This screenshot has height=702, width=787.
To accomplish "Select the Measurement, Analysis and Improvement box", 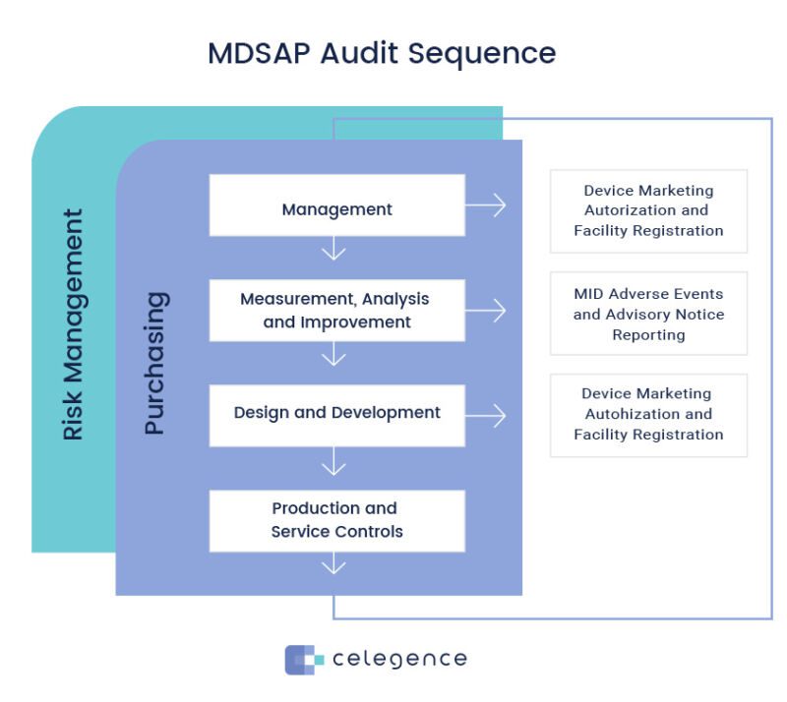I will click(x=336, y=310).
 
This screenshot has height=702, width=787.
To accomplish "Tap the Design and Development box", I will click(x=336, y=414).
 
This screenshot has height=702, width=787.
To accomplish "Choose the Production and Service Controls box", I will click(x=336, y=520).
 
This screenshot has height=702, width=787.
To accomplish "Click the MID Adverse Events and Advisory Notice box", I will click(x=648, y=314).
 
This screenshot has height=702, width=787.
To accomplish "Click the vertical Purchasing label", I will click(x=155, y=363).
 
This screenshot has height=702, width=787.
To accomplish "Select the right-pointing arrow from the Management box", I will click(x=486, y=205).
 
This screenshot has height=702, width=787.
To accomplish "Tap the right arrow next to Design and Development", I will click(x=486, y=415).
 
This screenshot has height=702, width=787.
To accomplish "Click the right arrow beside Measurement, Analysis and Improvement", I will click(x=486, y=311).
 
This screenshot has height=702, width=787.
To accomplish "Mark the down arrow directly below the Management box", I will click(x=334, y=251).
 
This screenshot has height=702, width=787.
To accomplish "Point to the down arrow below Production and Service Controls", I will click(x=334, y=564).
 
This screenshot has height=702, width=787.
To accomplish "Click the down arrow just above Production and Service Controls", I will click(x=334, y=460).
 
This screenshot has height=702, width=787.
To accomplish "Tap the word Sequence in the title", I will click(x=491, y=53).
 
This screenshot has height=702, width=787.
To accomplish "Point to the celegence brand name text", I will click(x=399, y=659).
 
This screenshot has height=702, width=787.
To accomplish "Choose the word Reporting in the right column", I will click(x=648, y=334).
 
